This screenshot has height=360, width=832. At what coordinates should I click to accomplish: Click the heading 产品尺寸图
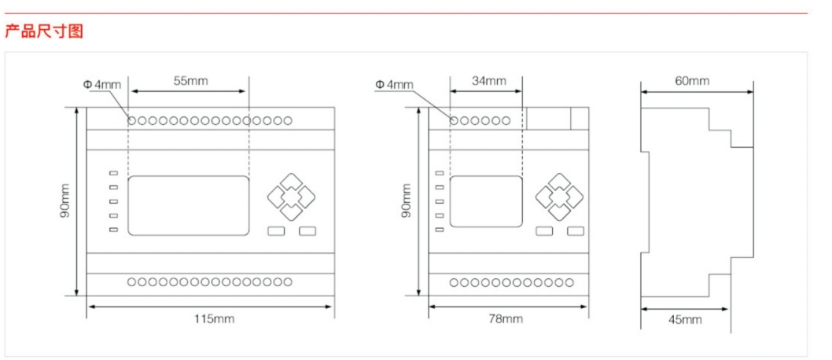pyautogui.click(x=44, y=31)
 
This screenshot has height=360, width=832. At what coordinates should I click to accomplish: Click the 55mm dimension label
pyautogui.click(x=190, y=81)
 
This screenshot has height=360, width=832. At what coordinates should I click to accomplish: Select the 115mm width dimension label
pyautogui.click(x=214, y=318)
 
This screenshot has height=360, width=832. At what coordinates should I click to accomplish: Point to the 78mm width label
pyautogui.click(x=506, y=318)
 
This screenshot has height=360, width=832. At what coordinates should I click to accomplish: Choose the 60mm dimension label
pyautogui.click(x=692, y=81)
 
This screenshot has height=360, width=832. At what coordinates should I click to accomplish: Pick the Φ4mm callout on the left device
pyautogui.click(x=102, y=84)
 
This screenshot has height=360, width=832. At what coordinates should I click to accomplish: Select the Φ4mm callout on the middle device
pyautogui.click(x=394, y=84)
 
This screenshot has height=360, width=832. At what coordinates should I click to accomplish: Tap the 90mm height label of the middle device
pyautogui.click(x=406, y=201)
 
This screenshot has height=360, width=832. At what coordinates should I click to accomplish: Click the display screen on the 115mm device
pyautogui.click(x=188, y=205)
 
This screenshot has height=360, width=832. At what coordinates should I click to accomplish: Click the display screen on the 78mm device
pyautogui.click(x=486, y=202)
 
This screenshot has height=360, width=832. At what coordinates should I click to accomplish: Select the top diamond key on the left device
pyautogui.click(x=290, y=183)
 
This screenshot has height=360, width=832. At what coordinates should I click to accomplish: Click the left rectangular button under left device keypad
pyautogui.click(x=276, y=231)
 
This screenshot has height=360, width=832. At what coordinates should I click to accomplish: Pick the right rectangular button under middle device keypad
pyautogui.click(x=576, y=231)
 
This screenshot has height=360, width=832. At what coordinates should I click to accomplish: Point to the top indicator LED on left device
pyautogui.click(x=113, y=174)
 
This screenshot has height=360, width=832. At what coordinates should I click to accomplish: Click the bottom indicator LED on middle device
pyautogui.click(x=439, y=230)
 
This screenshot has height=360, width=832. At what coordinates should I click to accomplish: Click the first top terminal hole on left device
pyautogui.click(x=132, y=120)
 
